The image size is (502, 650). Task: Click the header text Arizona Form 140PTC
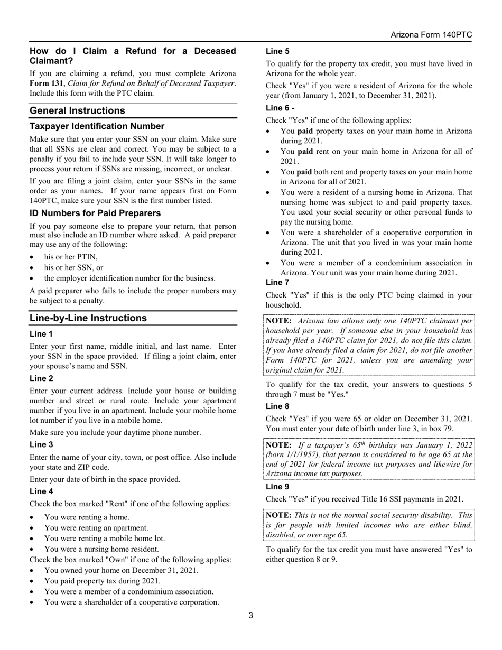tap(431, 35)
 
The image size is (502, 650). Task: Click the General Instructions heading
tap(78, 110)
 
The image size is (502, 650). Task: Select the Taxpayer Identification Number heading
tap(97, 126)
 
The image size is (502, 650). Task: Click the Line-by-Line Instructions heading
tap(88, 318)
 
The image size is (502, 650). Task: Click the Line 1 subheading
tap(41, 334)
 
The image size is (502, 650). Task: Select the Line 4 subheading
tap(41, 491)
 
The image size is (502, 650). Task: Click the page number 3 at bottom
tap(251, 615)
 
